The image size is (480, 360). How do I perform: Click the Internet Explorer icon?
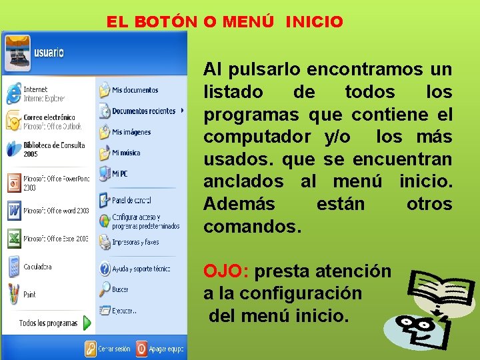tap(13, 94)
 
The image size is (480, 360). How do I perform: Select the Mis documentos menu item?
tap(135, 90)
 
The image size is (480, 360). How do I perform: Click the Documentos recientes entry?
tap(143, 111)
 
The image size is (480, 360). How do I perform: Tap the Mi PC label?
tap(120, 174)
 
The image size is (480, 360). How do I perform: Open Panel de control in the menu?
tap(131, 200)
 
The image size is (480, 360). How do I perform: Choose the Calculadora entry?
tap(37, 267)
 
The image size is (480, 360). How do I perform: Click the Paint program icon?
tap(13, 293)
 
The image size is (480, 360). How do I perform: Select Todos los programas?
tap(48, 323)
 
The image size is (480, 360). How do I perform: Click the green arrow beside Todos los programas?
tap(87, 323)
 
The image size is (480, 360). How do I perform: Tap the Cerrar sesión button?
tap(114, 348)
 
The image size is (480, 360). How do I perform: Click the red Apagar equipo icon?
tap(142, 348)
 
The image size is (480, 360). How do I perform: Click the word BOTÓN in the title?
tap(165, 22)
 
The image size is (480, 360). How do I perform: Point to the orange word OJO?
tap(226, 271)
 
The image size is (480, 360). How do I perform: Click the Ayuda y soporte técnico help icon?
tap(105, 269)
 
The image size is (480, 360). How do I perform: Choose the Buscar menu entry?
tap(120, 290)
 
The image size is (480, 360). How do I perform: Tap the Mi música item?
tap(126, 153)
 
